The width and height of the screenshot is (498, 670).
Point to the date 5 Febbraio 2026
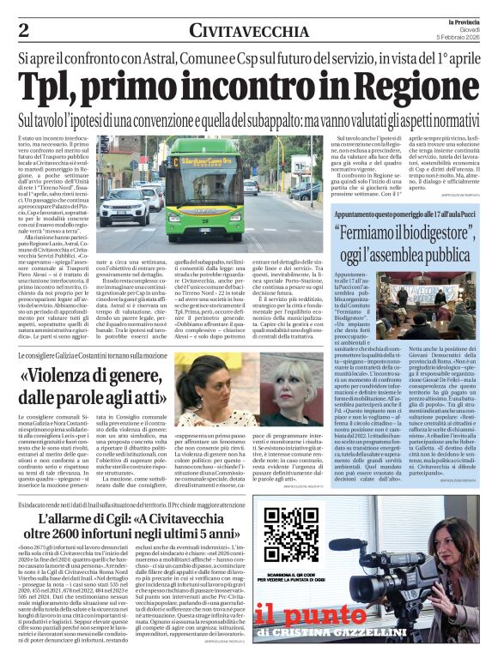pyautogui.click(x=465, y=37)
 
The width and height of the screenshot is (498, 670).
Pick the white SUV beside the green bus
pyautogui.click(x=124, y=205)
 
